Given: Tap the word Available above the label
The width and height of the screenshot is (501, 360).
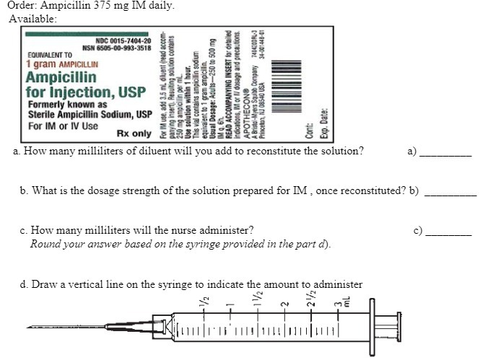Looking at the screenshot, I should (x=32, y=18).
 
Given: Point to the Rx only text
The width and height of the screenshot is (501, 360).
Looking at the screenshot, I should (x=134, y=133).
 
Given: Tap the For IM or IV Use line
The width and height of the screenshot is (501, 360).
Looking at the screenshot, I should (x=63, y=125).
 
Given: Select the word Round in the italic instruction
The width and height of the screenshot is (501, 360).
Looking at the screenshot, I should (x=45, y=244).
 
